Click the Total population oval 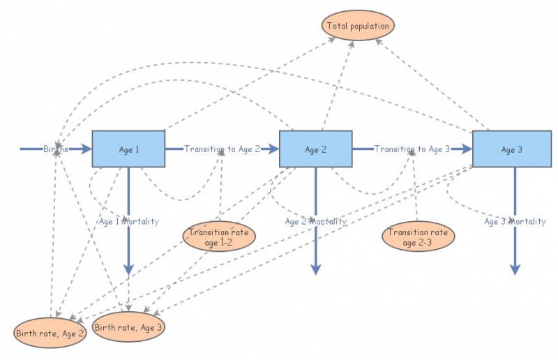[x=359, y=26]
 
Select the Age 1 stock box [x=128, y=149]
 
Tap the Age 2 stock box [x=315, y=149]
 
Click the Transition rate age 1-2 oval [x=219, y=237]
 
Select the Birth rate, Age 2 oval [x=50, y=333]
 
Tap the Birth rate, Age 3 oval [x=129, y=327]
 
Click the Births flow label [x=56, y=149]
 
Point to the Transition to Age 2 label [x=222, y=149]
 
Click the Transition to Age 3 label [x=412, y=149]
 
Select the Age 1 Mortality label [x=128, y=222]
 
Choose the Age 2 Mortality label [x=315, y=222]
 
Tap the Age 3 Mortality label [x=515, y=222]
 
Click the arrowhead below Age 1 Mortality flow [x=128, y=269]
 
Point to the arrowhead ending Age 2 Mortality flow [x=315, y=269]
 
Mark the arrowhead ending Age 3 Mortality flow [x=515, y=269]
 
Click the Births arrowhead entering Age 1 [x=86, y=149]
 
